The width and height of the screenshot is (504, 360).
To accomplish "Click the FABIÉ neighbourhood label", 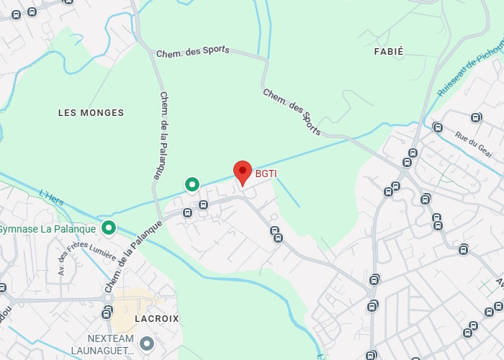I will tap(389, 52).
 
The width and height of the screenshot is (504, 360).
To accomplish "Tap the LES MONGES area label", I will tap(91, 113).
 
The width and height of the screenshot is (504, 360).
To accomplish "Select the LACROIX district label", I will tap(156, 318).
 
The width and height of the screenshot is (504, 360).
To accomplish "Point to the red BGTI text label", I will tap(266, 174).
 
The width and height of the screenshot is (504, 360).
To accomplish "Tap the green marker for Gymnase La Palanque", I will tap(109, 228).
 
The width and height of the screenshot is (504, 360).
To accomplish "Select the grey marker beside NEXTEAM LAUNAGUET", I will tap(148, 343).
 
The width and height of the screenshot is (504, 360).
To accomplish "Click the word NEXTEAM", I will tap(111, 338).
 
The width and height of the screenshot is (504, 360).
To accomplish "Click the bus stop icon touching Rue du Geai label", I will tap(438, 127).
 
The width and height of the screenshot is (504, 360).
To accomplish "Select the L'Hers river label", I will tap(52, 197).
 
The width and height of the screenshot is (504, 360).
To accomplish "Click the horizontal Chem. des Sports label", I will tap(193, 51).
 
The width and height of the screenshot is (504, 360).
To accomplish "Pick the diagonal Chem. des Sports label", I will tap(292, 107).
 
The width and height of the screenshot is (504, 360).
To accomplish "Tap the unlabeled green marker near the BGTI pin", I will tap(192, 184).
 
